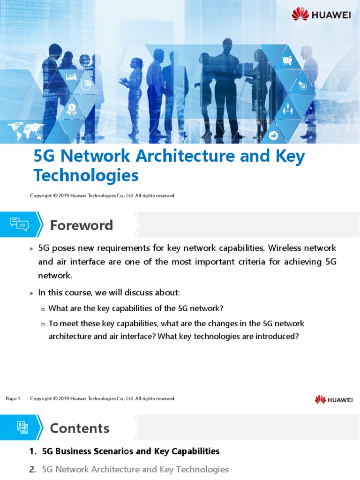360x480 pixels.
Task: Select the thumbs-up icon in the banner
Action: coord(274,135)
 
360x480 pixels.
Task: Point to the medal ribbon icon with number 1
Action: coord(72,109)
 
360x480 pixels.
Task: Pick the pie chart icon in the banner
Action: coord(86,85)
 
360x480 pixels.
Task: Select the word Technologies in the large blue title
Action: coord(86,175)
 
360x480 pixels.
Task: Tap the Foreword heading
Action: coord(81,225)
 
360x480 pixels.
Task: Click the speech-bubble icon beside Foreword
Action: coord(19,225)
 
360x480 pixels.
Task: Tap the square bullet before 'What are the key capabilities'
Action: coord(43,309)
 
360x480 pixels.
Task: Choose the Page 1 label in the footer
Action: coord(13,399)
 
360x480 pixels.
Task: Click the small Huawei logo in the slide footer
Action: coord(333,399)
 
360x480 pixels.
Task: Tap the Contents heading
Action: coord(79,428)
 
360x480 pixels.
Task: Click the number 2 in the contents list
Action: coord(32,469)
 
